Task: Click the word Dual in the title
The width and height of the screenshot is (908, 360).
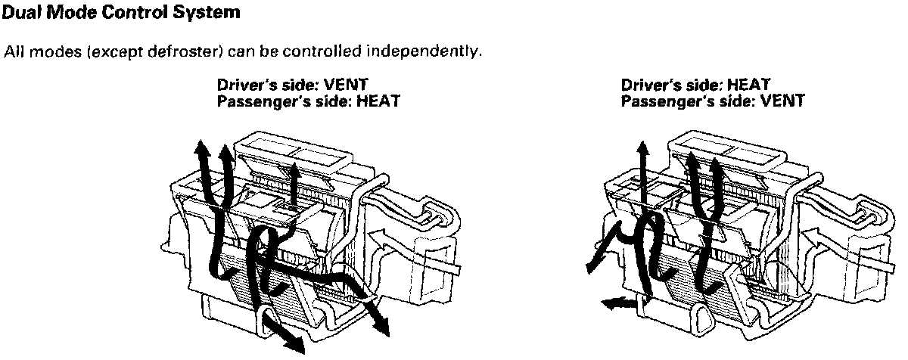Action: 20,12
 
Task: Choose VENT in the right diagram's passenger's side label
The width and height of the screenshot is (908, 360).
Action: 782,100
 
